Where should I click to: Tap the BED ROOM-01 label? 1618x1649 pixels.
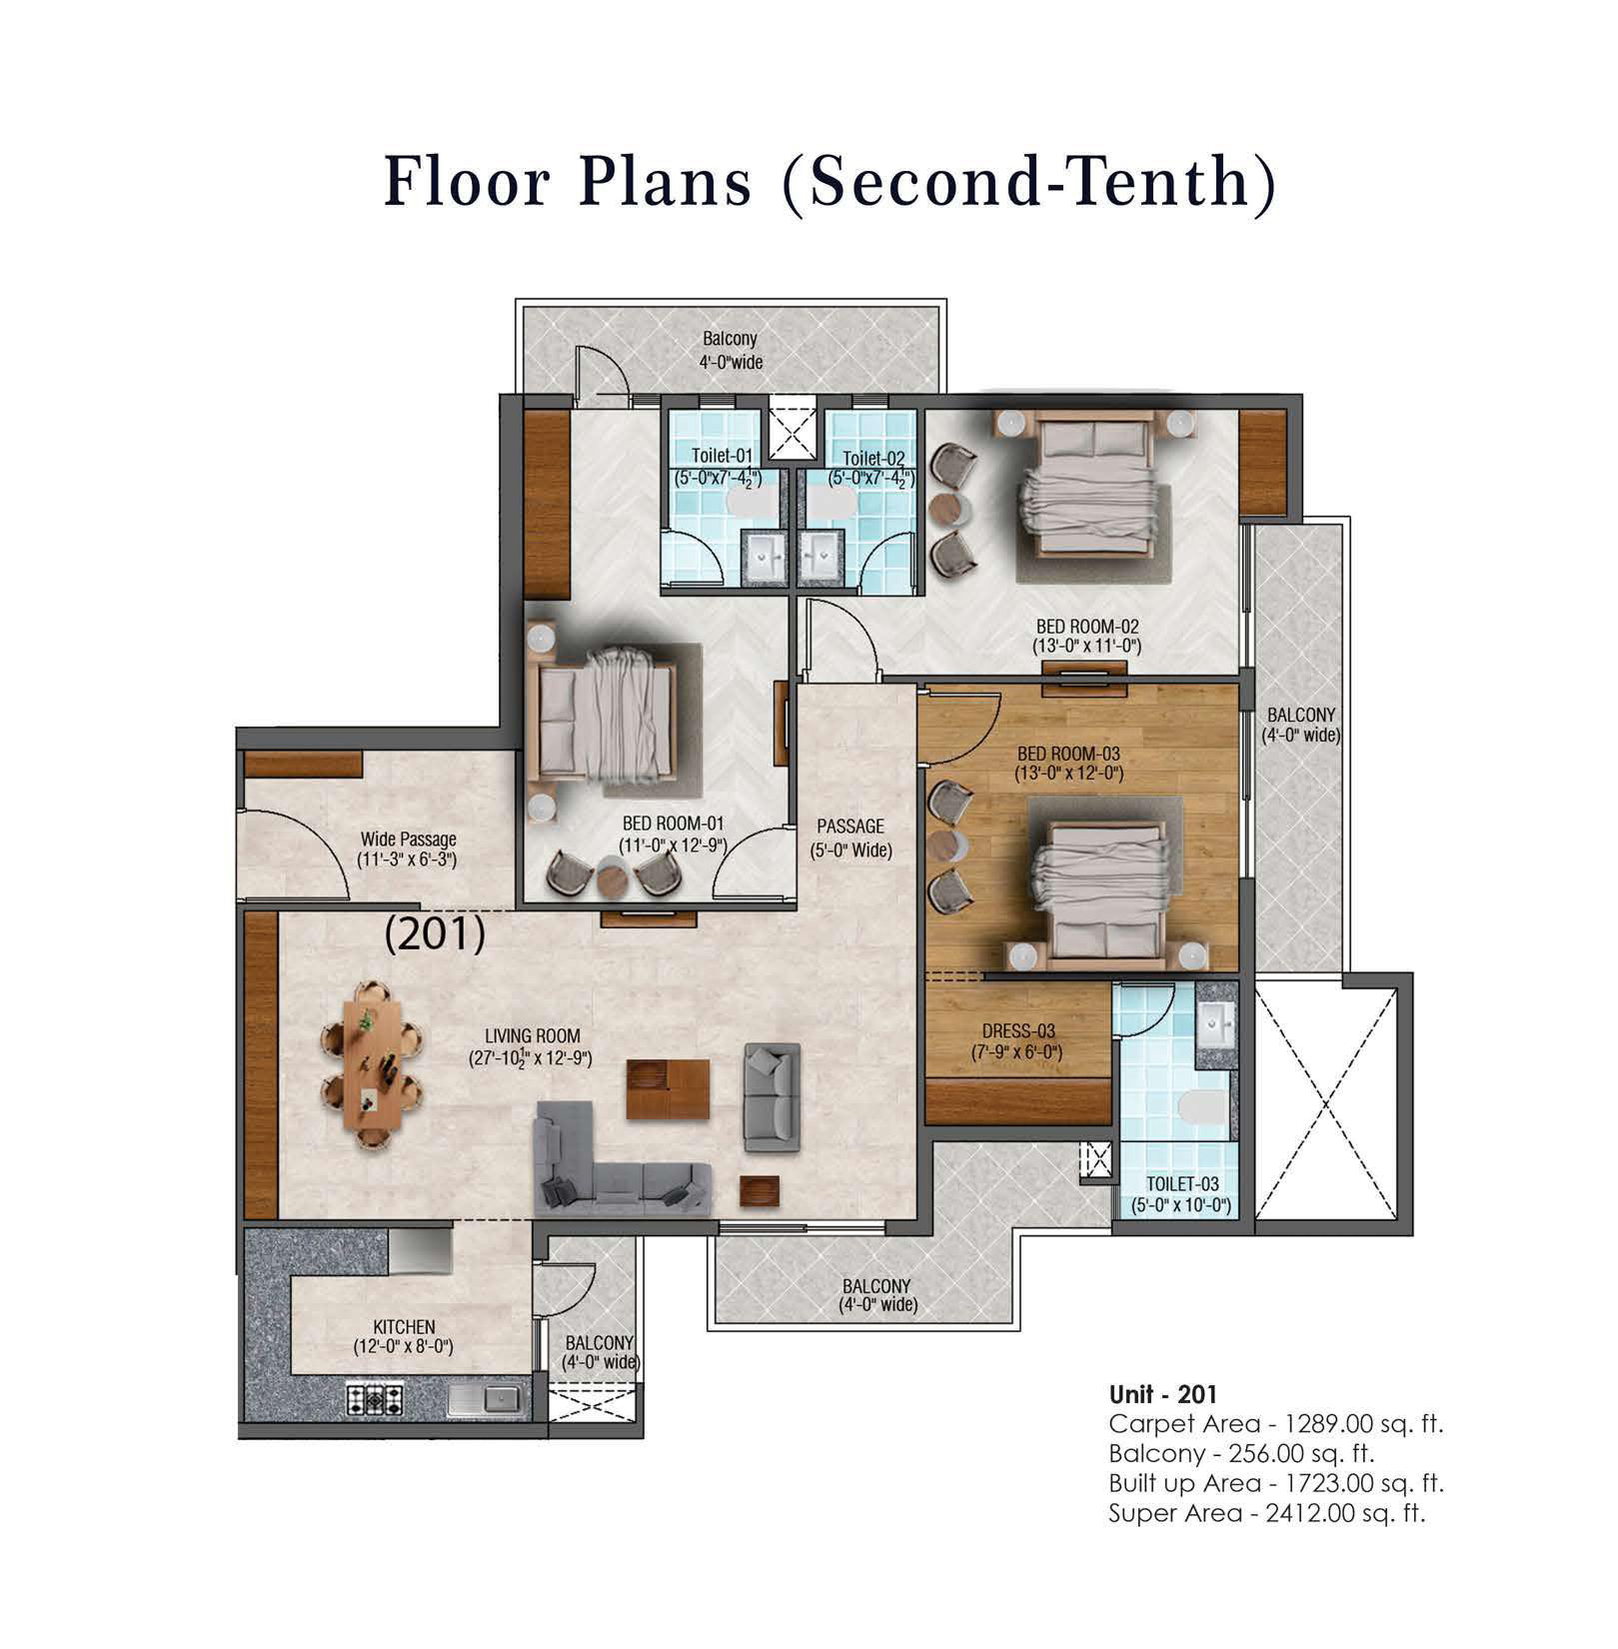pyautogui.click(x=673, y=824)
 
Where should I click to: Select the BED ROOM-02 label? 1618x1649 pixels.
pyautogui.click(x=1087, y=627)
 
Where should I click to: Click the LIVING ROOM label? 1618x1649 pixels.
pyautogui.click(x=533, y=1036)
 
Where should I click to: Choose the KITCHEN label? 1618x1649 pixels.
pyautogui.click(x=404, y=1327)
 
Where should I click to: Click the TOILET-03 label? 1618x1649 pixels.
pyautogui.click(x=1182, y=1185)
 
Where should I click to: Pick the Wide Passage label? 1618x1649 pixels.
pyautogui.click(x=408, y=839)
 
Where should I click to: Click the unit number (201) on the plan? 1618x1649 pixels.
pyautogui.click(x=436, y=934)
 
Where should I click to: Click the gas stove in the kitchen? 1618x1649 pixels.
pyautogui.click(x=375, y=1398)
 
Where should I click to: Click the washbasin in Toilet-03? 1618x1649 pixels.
pyautogui.click(x=1216, y=1023)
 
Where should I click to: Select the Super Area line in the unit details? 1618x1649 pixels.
pyautogui.click(x=1266, y=1513)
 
